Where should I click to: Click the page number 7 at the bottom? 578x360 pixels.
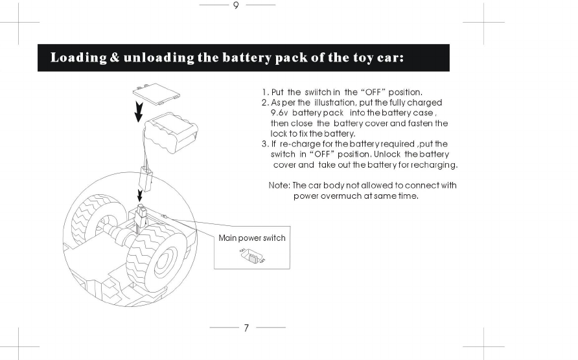click(246, 328)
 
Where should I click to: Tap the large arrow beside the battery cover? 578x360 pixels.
click(138, 111)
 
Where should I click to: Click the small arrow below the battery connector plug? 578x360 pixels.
click(139, 195)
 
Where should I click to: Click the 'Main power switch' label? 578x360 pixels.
click(252, 238)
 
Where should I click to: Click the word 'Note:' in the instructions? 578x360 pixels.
click(279, 185)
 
